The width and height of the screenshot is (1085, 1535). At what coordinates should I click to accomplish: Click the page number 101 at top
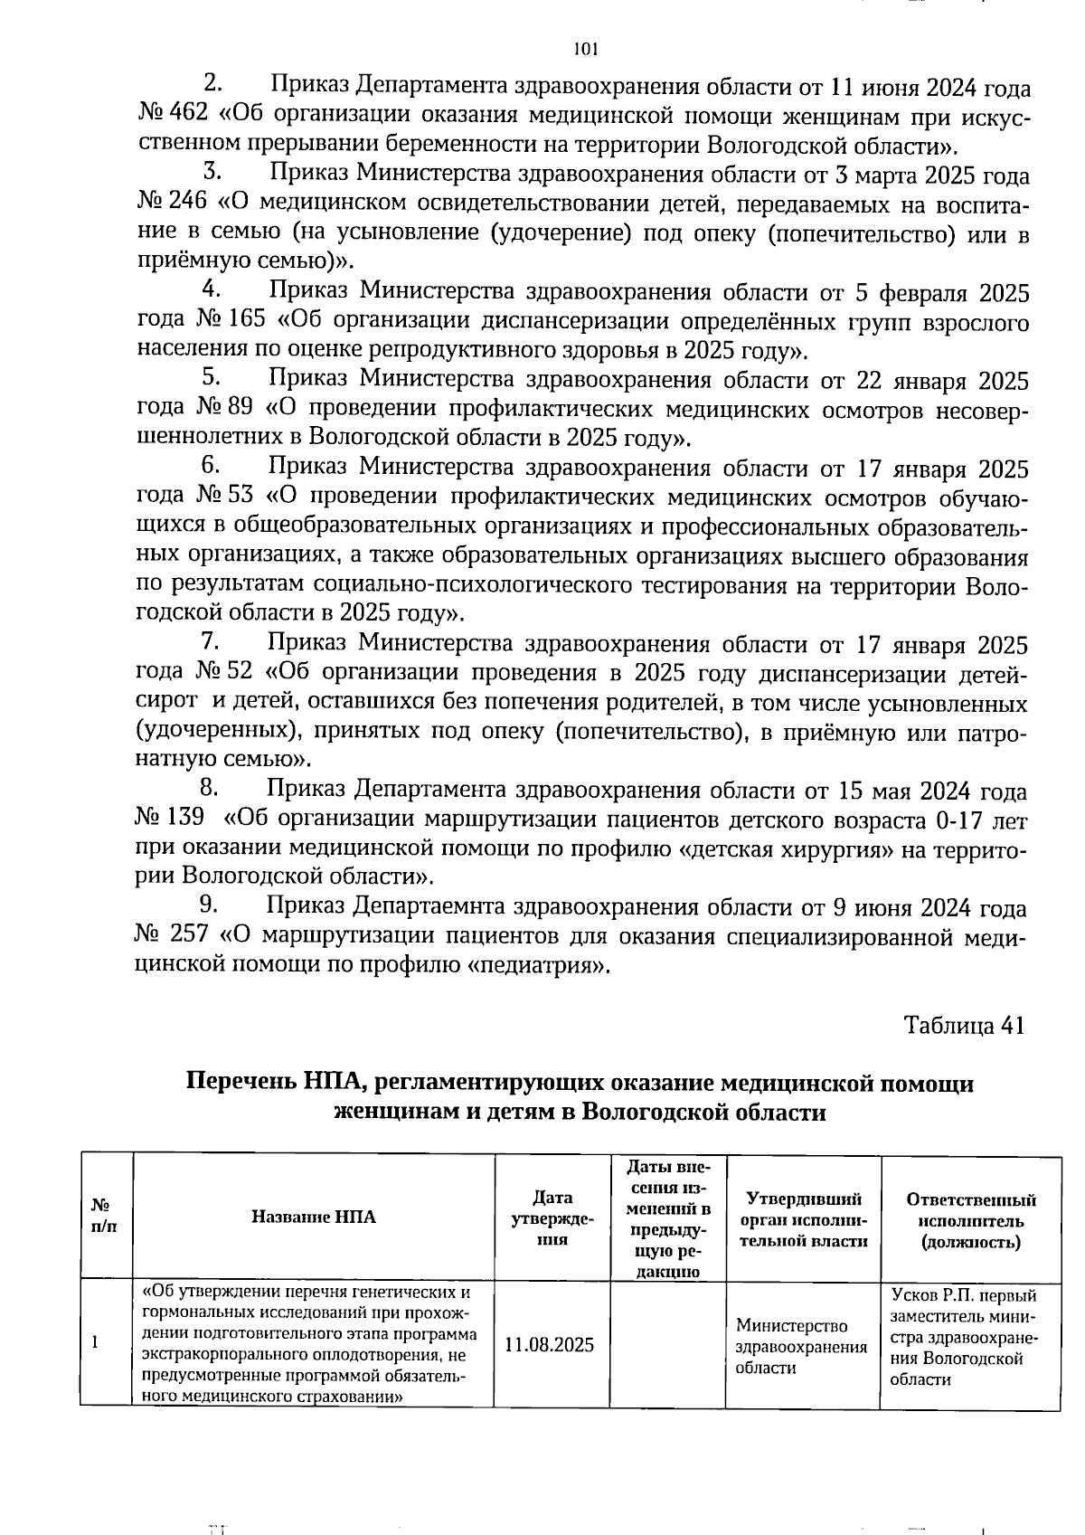[x=586, y=49]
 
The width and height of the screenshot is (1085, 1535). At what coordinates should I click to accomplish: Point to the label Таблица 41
[x=964, y=1025]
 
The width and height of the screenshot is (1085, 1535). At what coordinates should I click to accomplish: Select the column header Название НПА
[x=313, y=1217]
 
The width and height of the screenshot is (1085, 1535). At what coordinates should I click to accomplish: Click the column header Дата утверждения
[x=552, y=1218]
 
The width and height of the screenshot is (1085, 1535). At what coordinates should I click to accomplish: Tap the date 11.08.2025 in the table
[x=550, y=1344]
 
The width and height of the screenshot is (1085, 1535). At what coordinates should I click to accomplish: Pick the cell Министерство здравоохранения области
[x=800, y=1346]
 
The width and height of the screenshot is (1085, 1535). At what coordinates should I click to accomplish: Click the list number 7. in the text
[x=211, y=642]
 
